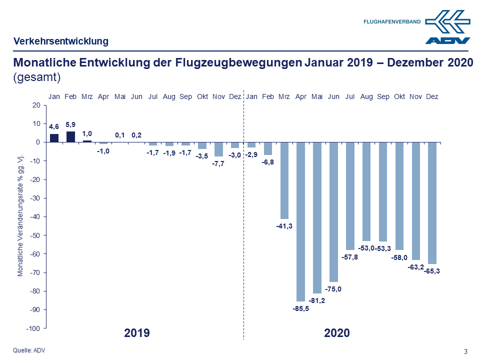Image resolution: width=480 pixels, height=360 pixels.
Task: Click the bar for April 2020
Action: click(301, 221)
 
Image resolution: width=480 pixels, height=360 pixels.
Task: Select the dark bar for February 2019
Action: click(70, 136)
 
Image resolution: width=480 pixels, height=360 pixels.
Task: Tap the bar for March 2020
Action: click(284, 180)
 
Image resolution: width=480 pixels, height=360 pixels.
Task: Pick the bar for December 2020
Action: click(432, 202)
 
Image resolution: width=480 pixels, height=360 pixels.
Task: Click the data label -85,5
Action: click(301, 308)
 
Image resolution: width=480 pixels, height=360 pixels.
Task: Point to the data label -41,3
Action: click(284, 226)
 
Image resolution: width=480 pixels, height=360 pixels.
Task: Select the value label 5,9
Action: click(70, 124)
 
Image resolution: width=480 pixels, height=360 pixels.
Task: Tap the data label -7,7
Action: click(218, 163)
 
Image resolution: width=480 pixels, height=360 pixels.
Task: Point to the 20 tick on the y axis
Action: click(35, 105)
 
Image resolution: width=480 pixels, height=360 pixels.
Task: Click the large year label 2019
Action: click(137, 333)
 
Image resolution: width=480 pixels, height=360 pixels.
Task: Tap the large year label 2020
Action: click(336, 333)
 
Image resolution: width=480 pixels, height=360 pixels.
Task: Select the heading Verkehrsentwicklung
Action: click(61, 41)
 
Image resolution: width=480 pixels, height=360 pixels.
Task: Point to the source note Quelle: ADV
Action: click(29, 350)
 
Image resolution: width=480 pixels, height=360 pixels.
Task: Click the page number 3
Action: click(465, 351)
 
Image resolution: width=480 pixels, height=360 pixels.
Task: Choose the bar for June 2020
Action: click(333, 212)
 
